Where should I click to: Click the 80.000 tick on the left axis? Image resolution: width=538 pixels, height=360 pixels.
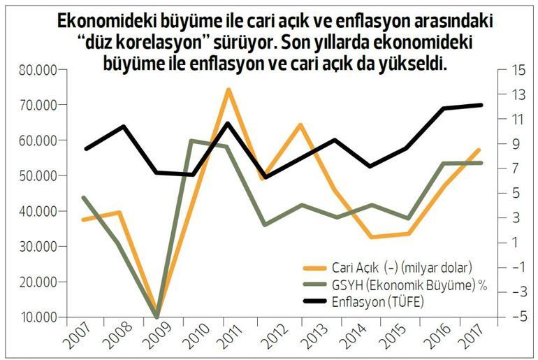click(x=38, y=70)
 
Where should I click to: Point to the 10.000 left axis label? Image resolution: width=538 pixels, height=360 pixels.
click(x=38, y=317)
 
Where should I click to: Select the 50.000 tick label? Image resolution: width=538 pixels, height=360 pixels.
click(x=38, y=175)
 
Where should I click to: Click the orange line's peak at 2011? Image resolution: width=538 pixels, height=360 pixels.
click(x=228, y=89)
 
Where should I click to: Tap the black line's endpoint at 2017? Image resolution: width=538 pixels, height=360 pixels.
click(x=481, y=105)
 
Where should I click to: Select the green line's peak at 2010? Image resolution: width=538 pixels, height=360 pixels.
click(x=191, y=141)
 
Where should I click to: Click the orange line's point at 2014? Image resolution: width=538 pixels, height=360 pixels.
click(x=372, y=237)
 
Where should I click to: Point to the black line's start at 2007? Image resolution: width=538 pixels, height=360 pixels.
click(x=85, y=149)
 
